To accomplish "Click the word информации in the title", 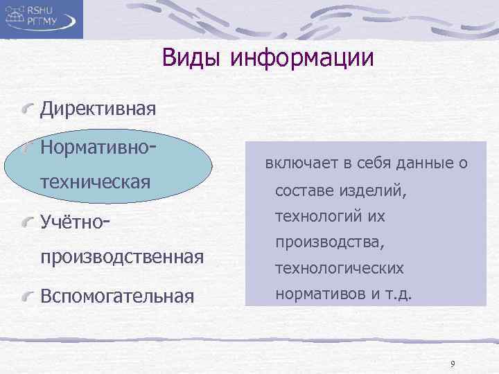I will click(x=302, y=58).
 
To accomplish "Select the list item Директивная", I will click(x=98, y=109).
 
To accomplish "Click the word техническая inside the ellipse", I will click(x=96, y=183).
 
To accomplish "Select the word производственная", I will click(x=122, y=258).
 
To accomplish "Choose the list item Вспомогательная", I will click(x=116, y=296).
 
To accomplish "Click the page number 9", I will click(x=453, y=364).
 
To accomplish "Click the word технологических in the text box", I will click(x=340, y=269).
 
